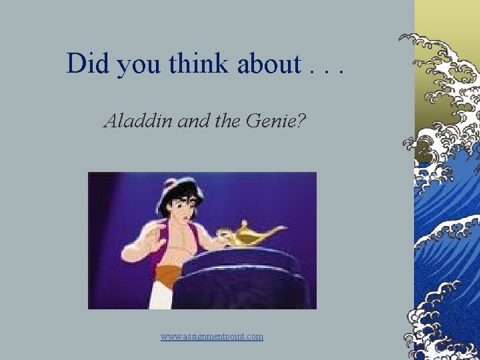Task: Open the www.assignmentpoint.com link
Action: pyautogui.click(x=212, y=337)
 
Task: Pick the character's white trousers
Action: pyautogui.click(x=160, y=297)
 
